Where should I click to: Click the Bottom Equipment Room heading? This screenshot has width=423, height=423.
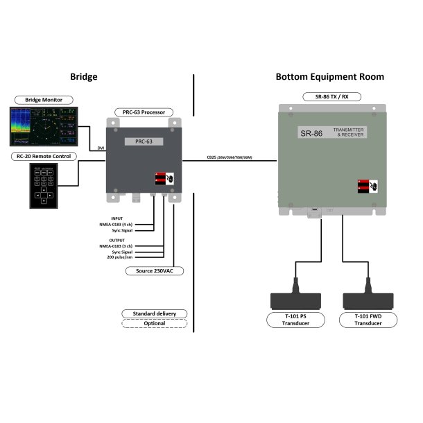coord(329,77)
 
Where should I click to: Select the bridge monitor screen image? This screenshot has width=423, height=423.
coord(43,126)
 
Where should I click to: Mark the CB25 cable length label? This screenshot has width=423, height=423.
coord(229,157)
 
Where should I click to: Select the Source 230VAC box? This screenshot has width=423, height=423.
coord(155,270)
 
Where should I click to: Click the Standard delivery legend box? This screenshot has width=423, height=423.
coord(155,313)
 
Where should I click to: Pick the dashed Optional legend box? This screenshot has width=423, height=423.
coord(155,323)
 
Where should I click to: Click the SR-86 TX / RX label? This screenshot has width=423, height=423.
coord(329,95)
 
